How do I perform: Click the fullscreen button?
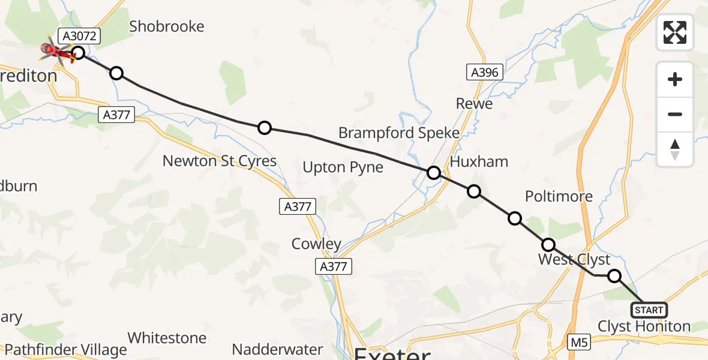coord(675,32)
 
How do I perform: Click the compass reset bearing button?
coord(675,149)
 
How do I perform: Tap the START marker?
coord(649,310)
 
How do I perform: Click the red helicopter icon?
coord(55,52)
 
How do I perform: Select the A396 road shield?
coord(484,73)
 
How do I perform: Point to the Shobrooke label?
coord(167,26)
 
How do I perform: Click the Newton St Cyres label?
coord(220,161)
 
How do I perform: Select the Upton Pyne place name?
coord(343,167)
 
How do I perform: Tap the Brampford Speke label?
coord(399,133)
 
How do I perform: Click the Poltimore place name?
coord(559,196)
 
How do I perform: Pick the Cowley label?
coord(316,244)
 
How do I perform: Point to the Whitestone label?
coord(167,338)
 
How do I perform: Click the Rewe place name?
coord(474,104)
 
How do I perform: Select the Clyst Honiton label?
coord(644,327)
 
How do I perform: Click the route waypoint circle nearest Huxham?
coord(474,191)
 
